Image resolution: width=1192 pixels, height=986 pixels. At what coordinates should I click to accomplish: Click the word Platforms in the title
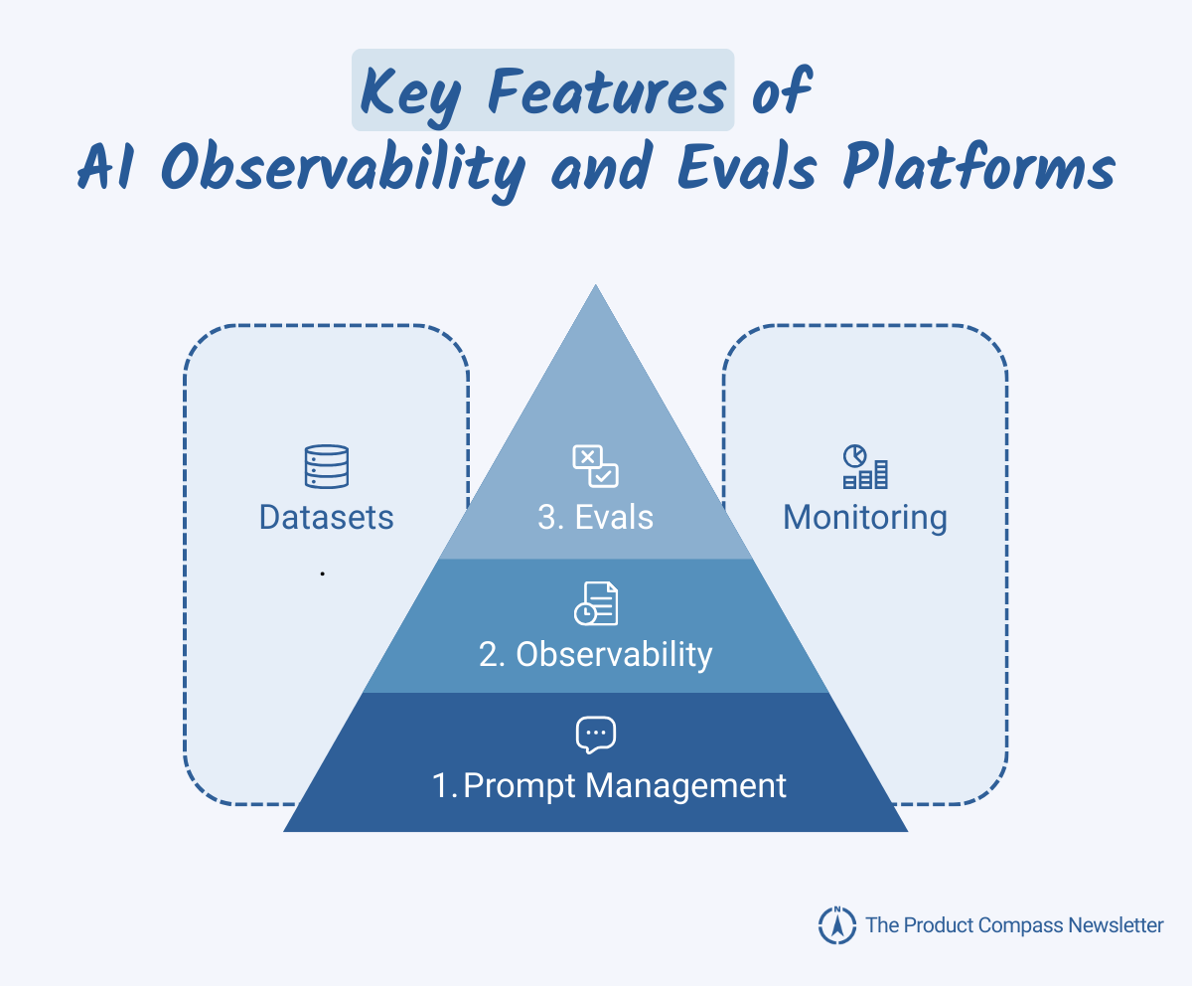tap(978, 169)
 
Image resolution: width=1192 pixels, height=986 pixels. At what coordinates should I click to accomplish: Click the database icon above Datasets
tap(327, 466)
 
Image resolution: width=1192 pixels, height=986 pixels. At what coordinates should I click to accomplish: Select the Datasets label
tap(327, 518)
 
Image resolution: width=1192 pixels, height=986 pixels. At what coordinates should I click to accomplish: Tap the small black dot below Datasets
tap(323, 574)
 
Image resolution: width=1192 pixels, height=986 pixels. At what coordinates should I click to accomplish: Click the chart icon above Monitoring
tap(865, 466)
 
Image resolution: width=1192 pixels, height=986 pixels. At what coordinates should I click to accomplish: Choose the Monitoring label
tap(865, 518)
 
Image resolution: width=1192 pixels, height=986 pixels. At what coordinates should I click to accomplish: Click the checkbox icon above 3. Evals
tap(595, 466)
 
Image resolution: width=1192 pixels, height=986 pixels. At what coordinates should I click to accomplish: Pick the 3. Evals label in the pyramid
tap(595, 518)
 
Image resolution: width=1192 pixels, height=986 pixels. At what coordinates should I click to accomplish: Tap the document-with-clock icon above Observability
tap(595, 603)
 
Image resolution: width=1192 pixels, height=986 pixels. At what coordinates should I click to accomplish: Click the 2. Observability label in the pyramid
tap(595, 654)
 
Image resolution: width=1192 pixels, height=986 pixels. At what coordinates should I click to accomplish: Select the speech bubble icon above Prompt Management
tap(595, 735)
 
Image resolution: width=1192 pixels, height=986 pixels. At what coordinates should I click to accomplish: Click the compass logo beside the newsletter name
tap(836, 925)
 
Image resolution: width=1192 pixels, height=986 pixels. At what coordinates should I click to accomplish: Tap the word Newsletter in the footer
tap(1116, 925)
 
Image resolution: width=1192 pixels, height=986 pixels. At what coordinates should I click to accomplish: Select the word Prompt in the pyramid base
tap(519, 786)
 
